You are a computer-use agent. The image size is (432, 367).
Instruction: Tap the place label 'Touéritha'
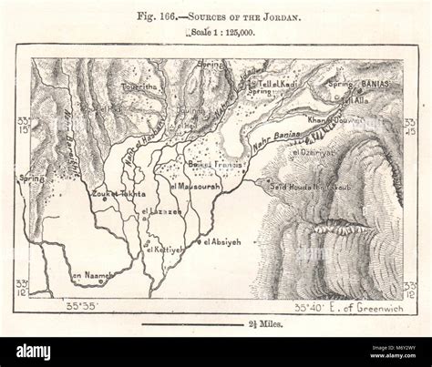[138, 83]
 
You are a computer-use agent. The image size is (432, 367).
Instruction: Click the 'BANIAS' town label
[375, 81]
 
